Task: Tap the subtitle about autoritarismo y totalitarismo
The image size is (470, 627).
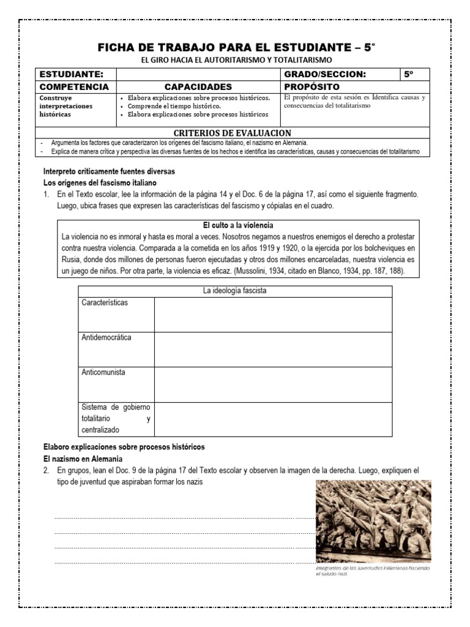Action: [236, 60]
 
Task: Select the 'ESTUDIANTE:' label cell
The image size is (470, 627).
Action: [67, 74]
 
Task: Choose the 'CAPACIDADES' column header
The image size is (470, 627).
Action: [198, 87]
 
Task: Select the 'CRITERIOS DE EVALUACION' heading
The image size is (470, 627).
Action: [233, 133]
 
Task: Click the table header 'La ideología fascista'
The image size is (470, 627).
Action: [234, 291]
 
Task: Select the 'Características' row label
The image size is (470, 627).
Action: [105, 303]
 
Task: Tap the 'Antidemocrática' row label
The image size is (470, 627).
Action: [106, 337]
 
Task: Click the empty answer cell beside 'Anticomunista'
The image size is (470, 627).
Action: [272, 384]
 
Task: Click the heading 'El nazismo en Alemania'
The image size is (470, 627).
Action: [83, 459]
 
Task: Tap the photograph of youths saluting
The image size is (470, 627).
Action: [373, 521]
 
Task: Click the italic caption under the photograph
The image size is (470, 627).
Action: [373, 572]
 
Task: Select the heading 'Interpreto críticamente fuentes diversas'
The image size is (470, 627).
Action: [108, 171]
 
